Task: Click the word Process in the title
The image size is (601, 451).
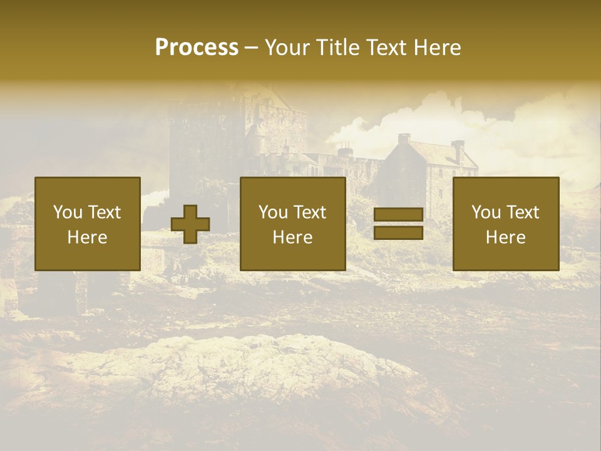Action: pos(197,48)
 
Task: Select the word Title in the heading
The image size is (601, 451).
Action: pos(339,48)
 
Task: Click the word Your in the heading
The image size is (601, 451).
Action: pos(287,48)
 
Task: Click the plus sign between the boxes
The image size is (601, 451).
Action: pos(190,224)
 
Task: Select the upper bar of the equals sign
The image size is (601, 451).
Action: pos(398,215)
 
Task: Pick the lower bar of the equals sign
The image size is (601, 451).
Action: pos(398,232)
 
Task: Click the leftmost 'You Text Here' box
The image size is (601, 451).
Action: pos(88,224)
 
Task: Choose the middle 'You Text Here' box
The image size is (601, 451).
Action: pos(293,224)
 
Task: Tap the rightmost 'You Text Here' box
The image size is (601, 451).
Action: pos(506,224)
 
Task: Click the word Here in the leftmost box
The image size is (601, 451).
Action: pos(88,237)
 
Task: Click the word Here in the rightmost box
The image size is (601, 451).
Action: pos(506,237)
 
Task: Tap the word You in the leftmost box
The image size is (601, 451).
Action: pos(68,212)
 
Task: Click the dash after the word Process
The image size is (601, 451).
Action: pos(252,48)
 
